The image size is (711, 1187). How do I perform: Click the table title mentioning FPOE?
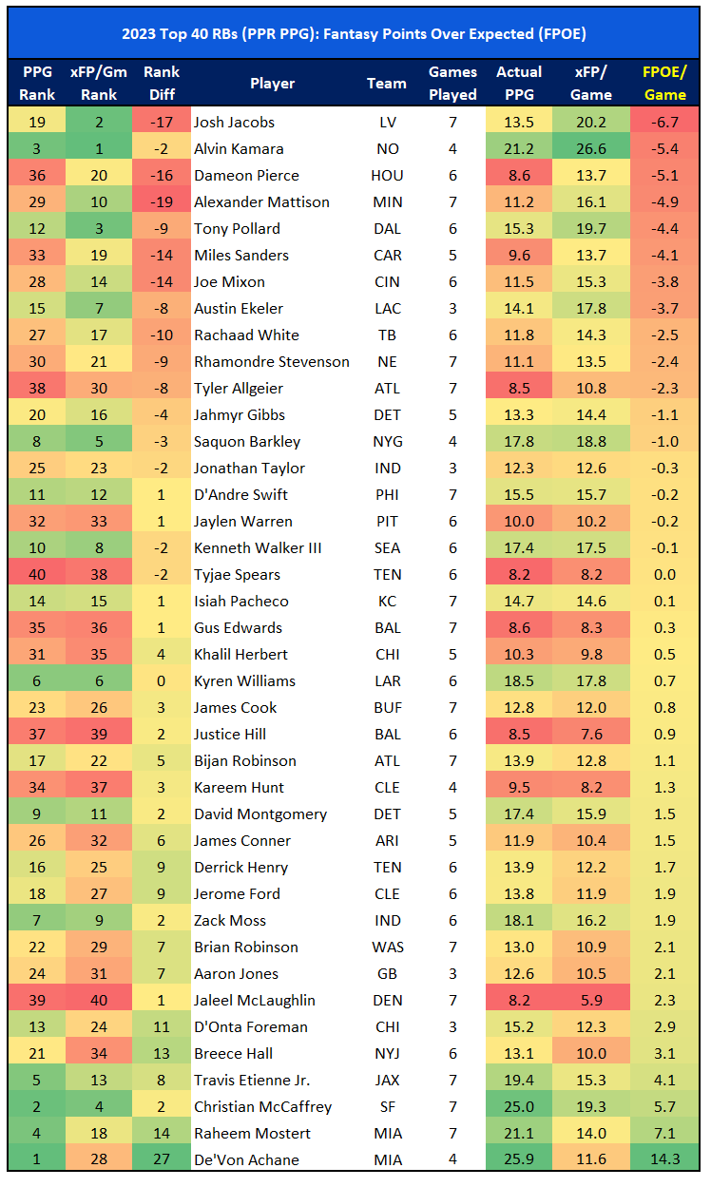[x=355, y=33]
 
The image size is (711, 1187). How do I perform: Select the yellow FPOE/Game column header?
[x=664, y=83]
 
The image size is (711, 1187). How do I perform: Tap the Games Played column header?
[x=452, y=83]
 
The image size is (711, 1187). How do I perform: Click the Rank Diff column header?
[x=162, y=83]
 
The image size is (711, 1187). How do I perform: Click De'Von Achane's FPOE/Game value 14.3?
[x=664, y=1159]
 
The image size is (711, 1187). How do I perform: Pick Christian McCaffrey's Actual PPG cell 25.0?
[x=519, y=1106]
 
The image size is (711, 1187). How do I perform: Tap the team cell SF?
[x=387, y=1106]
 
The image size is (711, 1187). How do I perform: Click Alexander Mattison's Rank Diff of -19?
[x=162, y=201]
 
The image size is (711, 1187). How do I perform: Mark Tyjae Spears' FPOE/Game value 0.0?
[x=664, y=574]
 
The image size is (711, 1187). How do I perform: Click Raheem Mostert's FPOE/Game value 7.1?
[x=664, y=1133]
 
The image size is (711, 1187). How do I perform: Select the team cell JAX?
[x=387, y=1080]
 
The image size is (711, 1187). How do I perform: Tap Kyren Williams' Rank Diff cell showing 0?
[x=162, y=680]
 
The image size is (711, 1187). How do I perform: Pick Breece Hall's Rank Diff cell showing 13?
[x=162, y=1053]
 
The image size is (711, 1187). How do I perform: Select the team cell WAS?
[x=387, y=947]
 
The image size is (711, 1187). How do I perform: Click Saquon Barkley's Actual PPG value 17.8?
[x=519, y=441]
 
